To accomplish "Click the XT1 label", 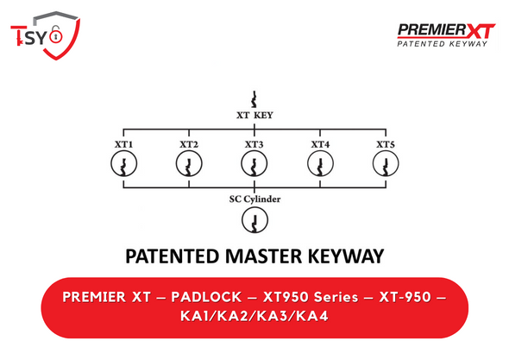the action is click(x=123, y=144).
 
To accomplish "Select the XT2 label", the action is click(x=189, y=144).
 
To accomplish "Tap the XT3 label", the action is click(x=255, y=144).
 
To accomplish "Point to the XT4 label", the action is click(x=320, y=144).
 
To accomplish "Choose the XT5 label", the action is click(x=386, y=144).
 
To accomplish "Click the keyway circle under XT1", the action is click(x=111, y=163).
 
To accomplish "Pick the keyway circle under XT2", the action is click(x=176, y=163).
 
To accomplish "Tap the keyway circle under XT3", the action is click(x=242, y=163).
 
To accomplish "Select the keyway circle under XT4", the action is click(x=308, y=163).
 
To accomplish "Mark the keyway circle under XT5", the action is click(x=374, y=163).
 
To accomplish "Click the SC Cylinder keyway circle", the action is click(x=242, y=220).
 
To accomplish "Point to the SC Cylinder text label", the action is click(x=255, y=199).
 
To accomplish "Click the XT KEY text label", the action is click(x=255, y=116).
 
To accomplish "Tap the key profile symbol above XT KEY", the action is click(x=255, y=99).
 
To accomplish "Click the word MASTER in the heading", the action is click(x=263, y=256).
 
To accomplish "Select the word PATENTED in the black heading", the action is click(x=173, y=256).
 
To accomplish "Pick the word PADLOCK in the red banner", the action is click(x=206, y=297).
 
